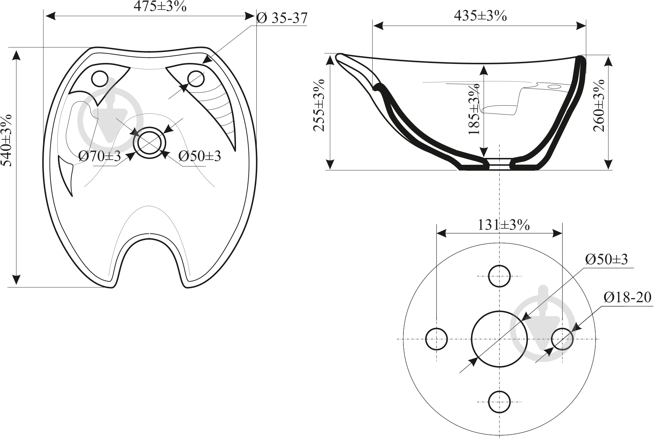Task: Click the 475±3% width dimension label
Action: coord(160,7)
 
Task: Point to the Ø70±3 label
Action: coord(99,157)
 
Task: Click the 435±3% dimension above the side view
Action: coord(480,15)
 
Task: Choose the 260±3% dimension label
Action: coord(599,105)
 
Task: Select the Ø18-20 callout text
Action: coord(628,297)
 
